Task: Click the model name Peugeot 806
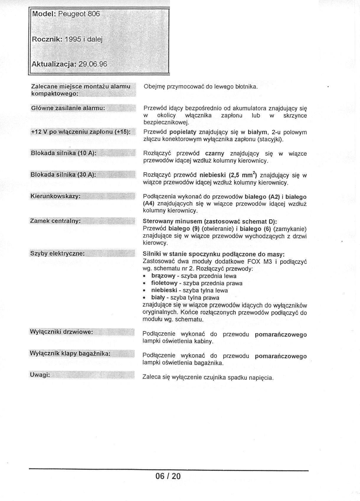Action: click(x=79, y=14)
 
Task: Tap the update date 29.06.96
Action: click(x=92, y=64)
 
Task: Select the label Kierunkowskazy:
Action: click(x=55, y=196)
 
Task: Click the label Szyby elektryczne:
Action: click(x=58, y=253)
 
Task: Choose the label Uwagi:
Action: click(x=40, y=374)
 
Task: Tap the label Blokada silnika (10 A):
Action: click(x=64, y=153)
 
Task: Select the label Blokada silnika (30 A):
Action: click(x=63, y=175)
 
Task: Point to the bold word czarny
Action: click(x=215, y=154)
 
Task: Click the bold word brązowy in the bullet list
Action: click(x=163, y=276)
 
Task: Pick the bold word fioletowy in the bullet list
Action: click(x=164, y=283)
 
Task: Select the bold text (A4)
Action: click(x=149, y=203)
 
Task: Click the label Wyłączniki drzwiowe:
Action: click(x=61, y=332)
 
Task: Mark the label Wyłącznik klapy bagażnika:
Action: click(x=70, y=353)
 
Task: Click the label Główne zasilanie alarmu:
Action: click(x=68, y=108)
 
